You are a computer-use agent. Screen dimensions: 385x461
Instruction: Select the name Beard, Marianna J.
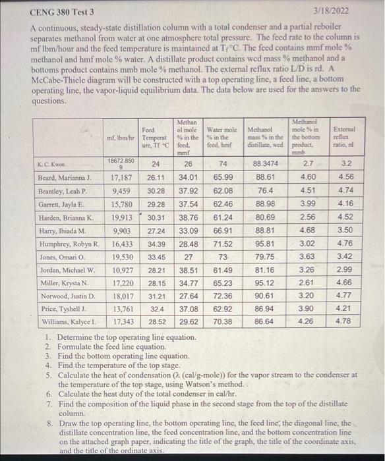(x=64, y=178)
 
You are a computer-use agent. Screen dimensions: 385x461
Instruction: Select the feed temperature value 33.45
(x=156, y=256)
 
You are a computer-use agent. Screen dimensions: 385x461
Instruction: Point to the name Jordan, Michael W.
(x=67, y=269)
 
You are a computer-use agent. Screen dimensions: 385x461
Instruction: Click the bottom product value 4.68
(x=307, y=230)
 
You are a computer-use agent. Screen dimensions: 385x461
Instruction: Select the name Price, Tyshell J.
(x=61, y=308)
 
